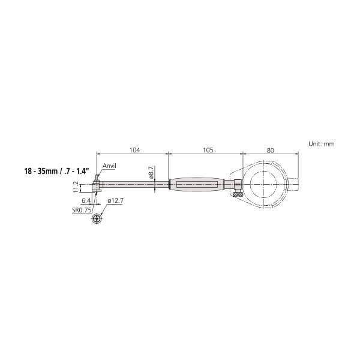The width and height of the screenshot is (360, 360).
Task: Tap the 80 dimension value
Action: click(x=271, y=151)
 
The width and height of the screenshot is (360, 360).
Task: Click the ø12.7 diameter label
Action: click(x=115, y=201)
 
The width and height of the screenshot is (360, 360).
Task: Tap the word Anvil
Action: click(x=110, y=166)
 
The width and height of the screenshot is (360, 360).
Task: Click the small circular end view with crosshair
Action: click(x=95, y=220)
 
